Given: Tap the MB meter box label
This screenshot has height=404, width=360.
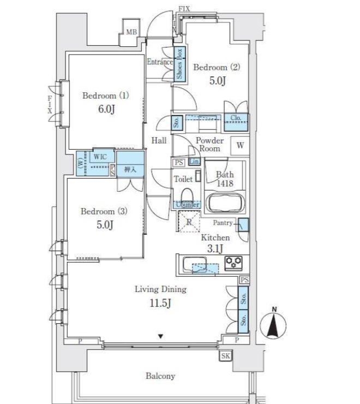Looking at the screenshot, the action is click(131, 32).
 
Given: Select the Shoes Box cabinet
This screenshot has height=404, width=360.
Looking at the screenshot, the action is click(180, 64).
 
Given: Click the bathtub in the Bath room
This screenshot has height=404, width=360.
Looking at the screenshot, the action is click(225, 204).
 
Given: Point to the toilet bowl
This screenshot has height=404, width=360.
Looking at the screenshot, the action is click(187, 195).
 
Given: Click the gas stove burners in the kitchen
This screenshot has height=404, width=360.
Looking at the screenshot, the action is click(233, 263).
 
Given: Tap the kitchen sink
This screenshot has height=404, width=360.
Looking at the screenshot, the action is click(195, 265).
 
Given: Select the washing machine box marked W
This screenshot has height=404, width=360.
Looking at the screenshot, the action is click(240, 146).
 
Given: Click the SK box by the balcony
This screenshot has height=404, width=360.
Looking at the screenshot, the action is click(226, 356).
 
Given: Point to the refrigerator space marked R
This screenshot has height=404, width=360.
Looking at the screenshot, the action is click(189, 222).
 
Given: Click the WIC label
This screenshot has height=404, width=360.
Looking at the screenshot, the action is click(100, 157).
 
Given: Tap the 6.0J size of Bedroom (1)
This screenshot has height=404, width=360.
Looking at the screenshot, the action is click(106, 109).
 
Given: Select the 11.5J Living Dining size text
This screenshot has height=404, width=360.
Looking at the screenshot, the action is click(160, 303).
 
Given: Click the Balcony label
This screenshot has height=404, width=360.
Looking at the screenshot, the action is click(160, 376).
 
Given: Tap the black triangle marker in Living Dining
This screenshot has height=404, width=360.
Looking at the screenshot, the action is click(161, 336).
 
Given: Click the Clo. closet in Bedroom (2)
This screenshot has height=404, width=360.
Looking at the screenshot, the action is click(236, 122).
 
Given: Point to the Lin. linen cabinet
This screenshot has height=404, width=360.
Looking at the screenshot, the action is click(194, 162).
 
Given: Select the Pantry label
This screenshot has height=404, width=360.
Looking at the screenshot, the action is click(223, 223).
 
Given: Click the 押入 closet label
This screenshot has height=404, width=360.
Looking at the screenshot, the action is click(130, 170).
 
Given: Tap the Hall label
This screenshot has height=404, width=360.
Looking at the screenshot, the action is click(159, 141).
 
